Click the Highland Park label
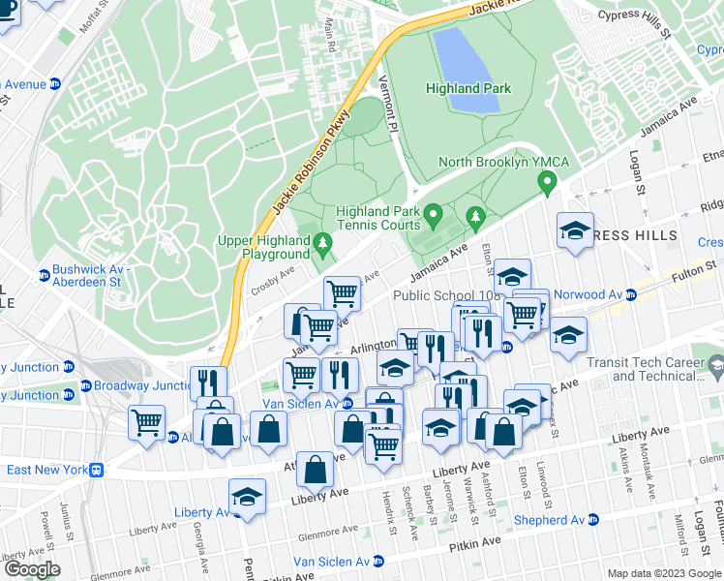(x=468, y=88)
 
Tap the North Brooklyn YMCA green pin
(x=548, y=181)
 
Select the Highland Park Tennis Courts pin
(x=435, y=212)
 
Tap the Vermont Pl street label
(x=387, y=107)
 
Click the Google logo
(x=32, y=568)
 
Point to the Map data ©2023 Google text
(x=664, y=573)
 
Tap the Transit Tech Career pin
(x=715, y=366)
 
